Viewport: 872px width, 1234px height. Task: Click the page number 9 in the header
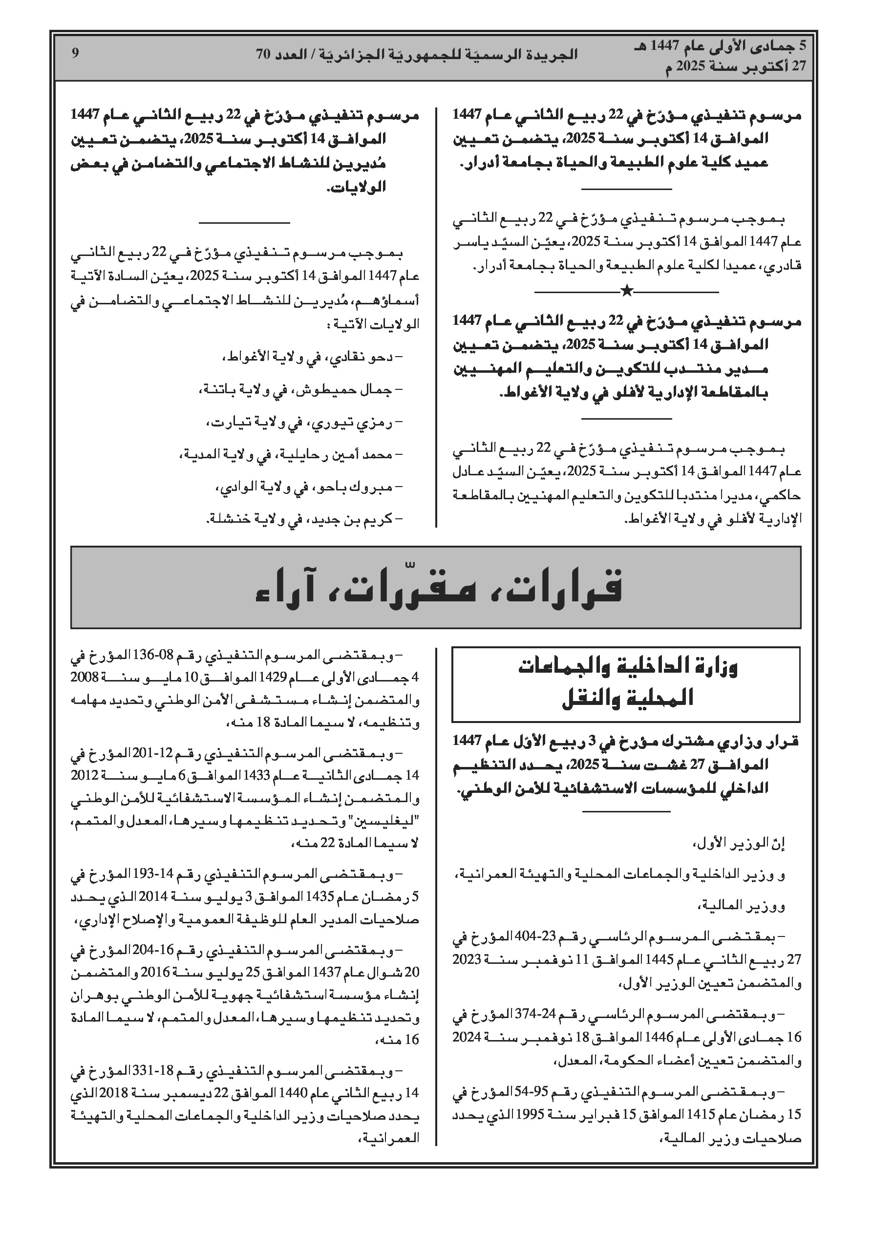click(75, 53)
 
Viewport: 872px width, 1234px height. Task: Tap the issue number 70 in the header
click(262, 54)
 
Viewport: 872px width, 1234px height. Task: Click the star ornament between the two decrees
click(626, 291)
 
